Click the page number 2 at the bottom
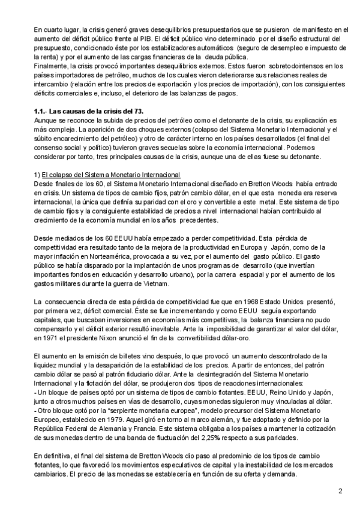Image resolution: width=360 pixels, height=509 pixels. coord(340,492)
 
